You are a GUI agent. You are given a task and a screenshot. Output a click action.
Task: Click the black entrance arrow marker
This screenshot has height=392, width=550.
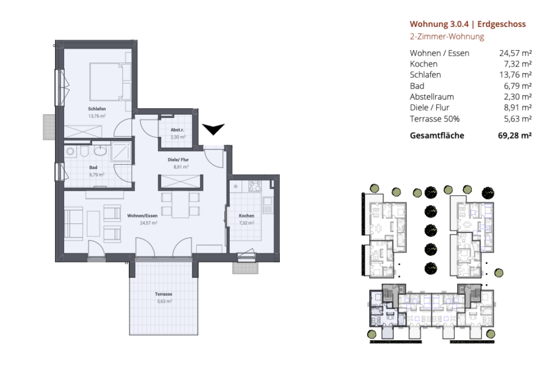coord(213,129)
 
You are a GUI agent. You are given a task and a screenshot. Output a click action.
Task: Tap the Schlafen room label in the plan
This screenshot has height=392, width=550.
coord(97,109)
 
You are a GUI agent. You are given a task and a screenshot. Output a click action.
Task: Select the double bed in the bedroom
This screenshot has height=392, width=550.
coord(110,82)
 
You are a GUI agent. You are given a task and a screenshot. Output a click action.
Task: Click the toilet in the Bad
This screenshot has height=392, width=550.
coord(84,151)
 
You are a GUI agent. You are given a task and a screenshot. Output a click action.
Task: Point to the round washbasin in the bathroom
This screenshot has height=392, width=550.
coord(101,151)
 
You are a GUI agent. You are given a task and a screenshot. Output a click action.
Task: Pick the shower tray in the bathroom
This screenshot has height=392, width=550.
coord(121,151)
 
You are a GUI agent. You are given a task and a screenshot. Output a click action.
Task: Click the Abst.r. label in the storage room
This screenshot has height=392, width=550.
coord(177,130)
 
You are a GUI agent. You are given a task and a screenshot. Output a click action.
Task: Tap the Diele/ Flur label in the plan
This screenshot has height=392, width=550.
coord(178,160)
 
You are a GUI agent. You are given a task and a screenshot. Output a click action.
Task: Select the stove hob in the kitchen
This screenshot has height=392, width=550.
coord(255,186)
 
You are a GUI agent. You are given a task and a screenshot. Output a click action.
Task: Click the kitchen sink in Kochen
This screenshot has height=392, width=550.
coord(268,205)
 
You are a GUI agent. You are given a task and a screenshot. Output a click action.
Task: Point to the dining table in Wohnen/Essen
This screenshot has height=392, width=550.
coord(180,205)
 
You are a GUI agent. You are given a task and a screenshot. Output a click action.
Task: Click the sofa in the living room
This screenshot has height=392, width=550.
coord(74,224)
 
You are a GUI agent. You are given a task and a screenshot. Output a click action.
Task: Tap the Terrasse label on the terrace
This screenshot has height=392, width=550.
coord(163,294)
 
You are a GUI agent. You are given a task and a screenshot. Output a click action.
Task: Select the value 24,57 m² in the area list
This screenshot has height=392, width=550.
coord(515,53)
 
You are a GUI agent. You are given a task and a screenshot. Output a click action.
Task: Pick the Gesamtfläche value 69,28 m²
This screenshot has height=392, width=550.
coord(515,136)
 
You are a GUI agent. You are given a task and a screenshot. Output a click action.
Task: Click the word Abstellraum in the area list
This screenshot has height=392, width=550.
coord(432,97)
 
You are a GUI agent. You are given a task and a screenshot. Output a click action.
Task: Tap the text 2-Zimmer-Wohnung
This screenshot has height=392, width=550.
coord(447,37)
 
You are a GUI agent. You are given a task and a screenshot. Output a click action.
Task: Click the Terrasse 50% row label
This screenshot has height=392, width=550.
coord(435,119)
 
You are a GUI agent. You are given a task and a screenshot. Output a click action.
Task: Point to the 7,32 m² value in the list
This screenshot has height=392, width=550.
coord(518,64)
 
